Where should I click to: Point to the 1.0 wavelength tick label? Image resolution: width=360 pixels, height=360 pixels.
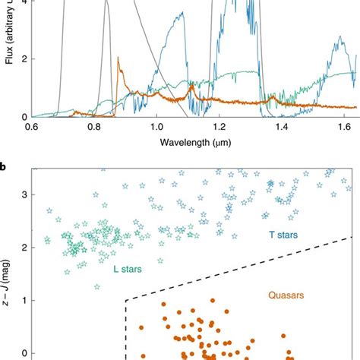pos(156,126)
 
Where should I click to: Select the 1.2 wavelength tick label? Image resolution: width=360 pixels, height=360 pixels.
pos(219,126)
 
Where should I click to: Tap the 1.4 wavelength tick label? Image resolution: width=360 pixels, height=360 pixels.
pos(283,126)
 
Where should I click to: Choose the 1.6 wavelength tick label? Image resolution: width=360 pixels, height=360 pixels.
pos(345,126)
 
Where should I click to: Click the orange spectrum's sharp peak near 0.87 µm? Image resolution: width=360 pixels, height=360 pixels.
pos(117,58)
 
